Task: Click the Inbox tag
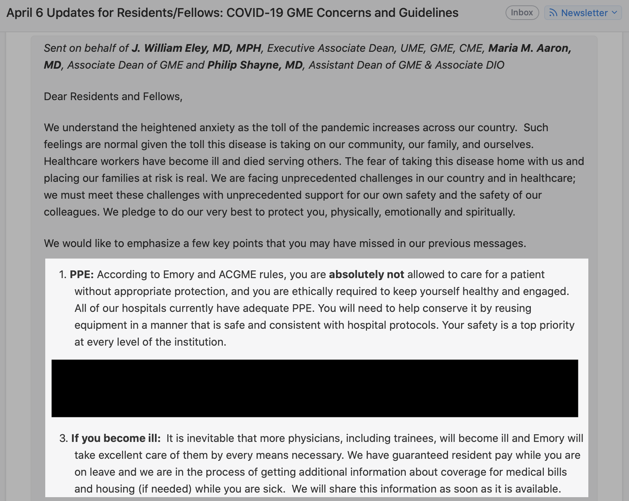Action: click(522, 13)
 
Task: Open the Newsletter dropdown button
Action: click(583, 13)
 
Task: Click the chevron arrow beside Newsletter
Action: click(614, 13)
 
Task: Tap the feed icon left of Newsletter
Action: click(553, 13)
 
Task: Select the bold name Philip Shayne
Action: click(255, 65)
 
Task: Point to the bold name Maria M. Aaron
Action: click(529, 48)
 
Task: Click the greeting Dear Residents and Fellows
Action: click(113, 97)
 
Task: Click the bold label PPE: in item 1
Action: click(82, 275)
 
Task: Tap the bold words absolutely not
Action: click(366, 275)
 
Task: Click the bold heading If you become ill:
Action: click(116, 438)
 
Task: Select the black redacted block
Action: click(314, 388)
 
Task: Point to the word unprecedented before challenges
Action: click(324, 178)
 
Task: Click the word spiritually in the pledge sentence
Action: click(490, 212)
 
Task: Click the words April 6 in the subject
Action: click(25, 13)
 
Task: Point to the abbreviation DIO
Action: click(495, 65)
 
